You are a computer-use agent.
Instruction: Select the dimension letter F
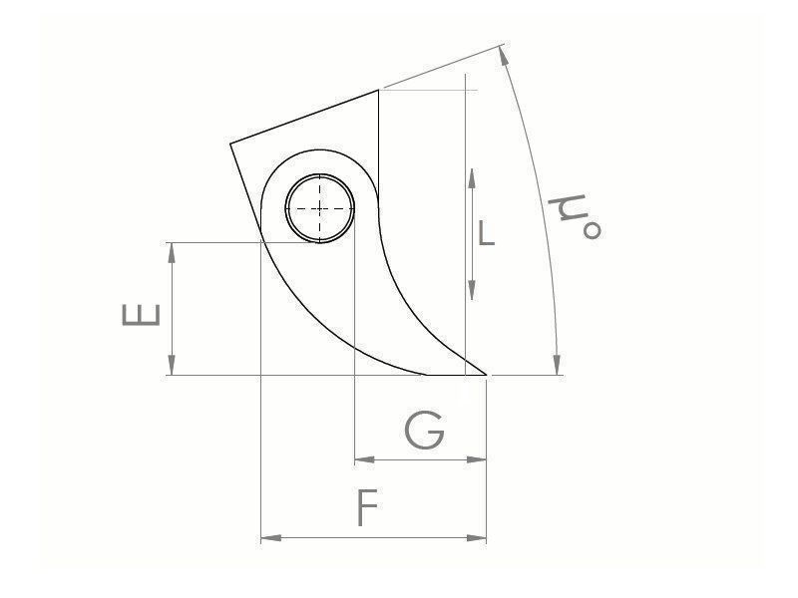tap(368, 509)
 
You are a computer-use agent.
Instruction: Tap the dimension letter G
tap(424, 432)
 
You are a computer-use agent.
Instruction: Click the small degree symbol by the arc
tap(592, 231)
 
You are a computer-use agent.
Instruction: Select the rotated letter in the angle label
tap(566, 211)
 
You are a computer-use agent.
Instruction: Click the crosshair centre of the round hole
tap(320, 208)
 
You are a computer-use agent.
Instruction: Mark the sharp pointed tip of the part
tap(487, 375)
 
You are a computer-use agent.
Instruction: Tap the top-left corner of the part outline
tap(230, 144)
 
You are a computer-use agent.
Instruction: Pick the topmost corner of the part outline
tap(379, 90)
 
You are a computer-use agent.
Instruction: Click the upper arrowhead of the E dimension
tap(173, 250)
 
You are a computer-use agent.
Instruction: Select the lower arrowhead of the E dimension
tap(173, 366)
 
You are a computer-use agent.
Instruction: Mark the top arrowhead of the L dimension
tap(471, 177)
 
